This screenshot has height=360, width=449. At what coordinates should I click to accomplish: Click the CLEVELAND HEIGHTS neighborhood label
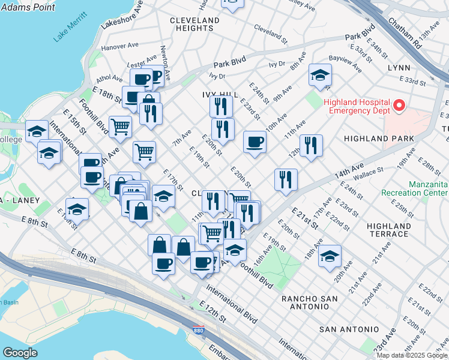[x=195, y=24]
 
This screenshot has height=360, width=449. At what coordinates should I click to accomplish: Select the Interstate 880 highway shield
[x=199, y=331]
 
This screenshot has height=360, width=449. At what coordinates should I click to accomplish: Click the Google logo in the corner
[x=20, y=353]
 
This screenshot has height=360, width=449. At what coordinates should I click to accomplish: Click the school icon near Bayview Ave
[x=321, y=76]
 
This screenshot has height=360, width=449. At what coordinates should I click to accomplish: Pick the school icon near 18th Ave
[x=330, y=256]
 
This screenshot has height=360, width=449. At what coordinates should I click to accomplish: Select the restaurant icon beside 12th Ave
[x=311, y=146]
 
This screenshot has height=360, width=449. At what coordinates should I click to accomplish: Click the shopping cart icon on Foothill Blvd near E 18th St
[x=120, y=127]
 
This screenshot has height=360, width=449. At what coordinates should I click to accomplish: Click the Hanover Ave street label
[x=119, y=46]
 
